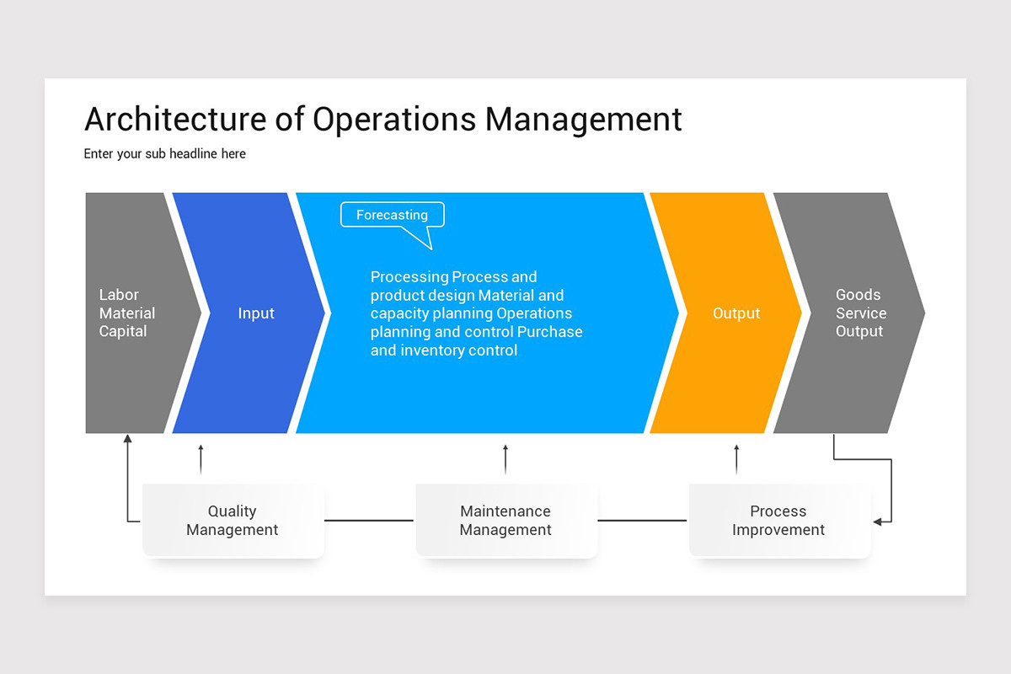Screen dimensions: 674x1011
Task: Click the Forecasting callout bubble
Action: click(392, 216)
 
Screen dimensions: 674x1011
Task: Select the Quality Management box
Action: click(233, 521)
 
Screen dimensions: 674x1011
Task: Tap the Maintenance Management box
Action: click(505, 521)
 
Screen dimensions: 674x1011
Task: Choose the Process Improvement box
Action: click(778, 521)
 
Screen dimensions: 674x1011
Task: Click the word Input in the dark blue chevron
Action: click(256, 313)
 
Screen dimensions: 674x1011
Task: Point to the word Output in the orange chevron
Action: click(736, 313)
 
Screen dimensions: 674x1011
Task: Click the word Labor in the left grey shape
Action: click(119, 295)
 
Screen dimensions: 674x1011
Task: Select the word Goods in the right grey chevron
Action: click(858, 295)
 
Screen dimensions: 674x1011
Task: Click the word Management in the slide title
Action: click(583, 120)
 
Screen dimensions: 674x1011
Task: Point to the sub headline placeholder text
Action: click(165, 154)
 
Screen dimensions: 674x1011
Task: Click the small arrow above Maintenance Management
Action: click(505, 459)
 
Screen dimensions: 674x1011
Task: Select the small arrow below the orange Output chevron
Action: click(736, 459)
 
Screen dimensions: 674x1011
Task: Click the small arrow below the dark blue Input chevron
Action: click(201, 459)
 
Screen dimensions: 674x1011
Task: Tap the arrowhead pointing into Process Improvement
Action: click(877, 522)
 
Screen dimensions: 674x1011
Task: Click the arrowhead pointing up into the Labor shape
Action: click(127, 439)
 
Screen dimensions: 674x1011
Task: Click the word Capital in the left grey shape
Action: click(123, 332)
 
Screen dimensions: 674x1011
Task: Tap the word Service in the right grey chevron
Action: click(861, 313)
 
